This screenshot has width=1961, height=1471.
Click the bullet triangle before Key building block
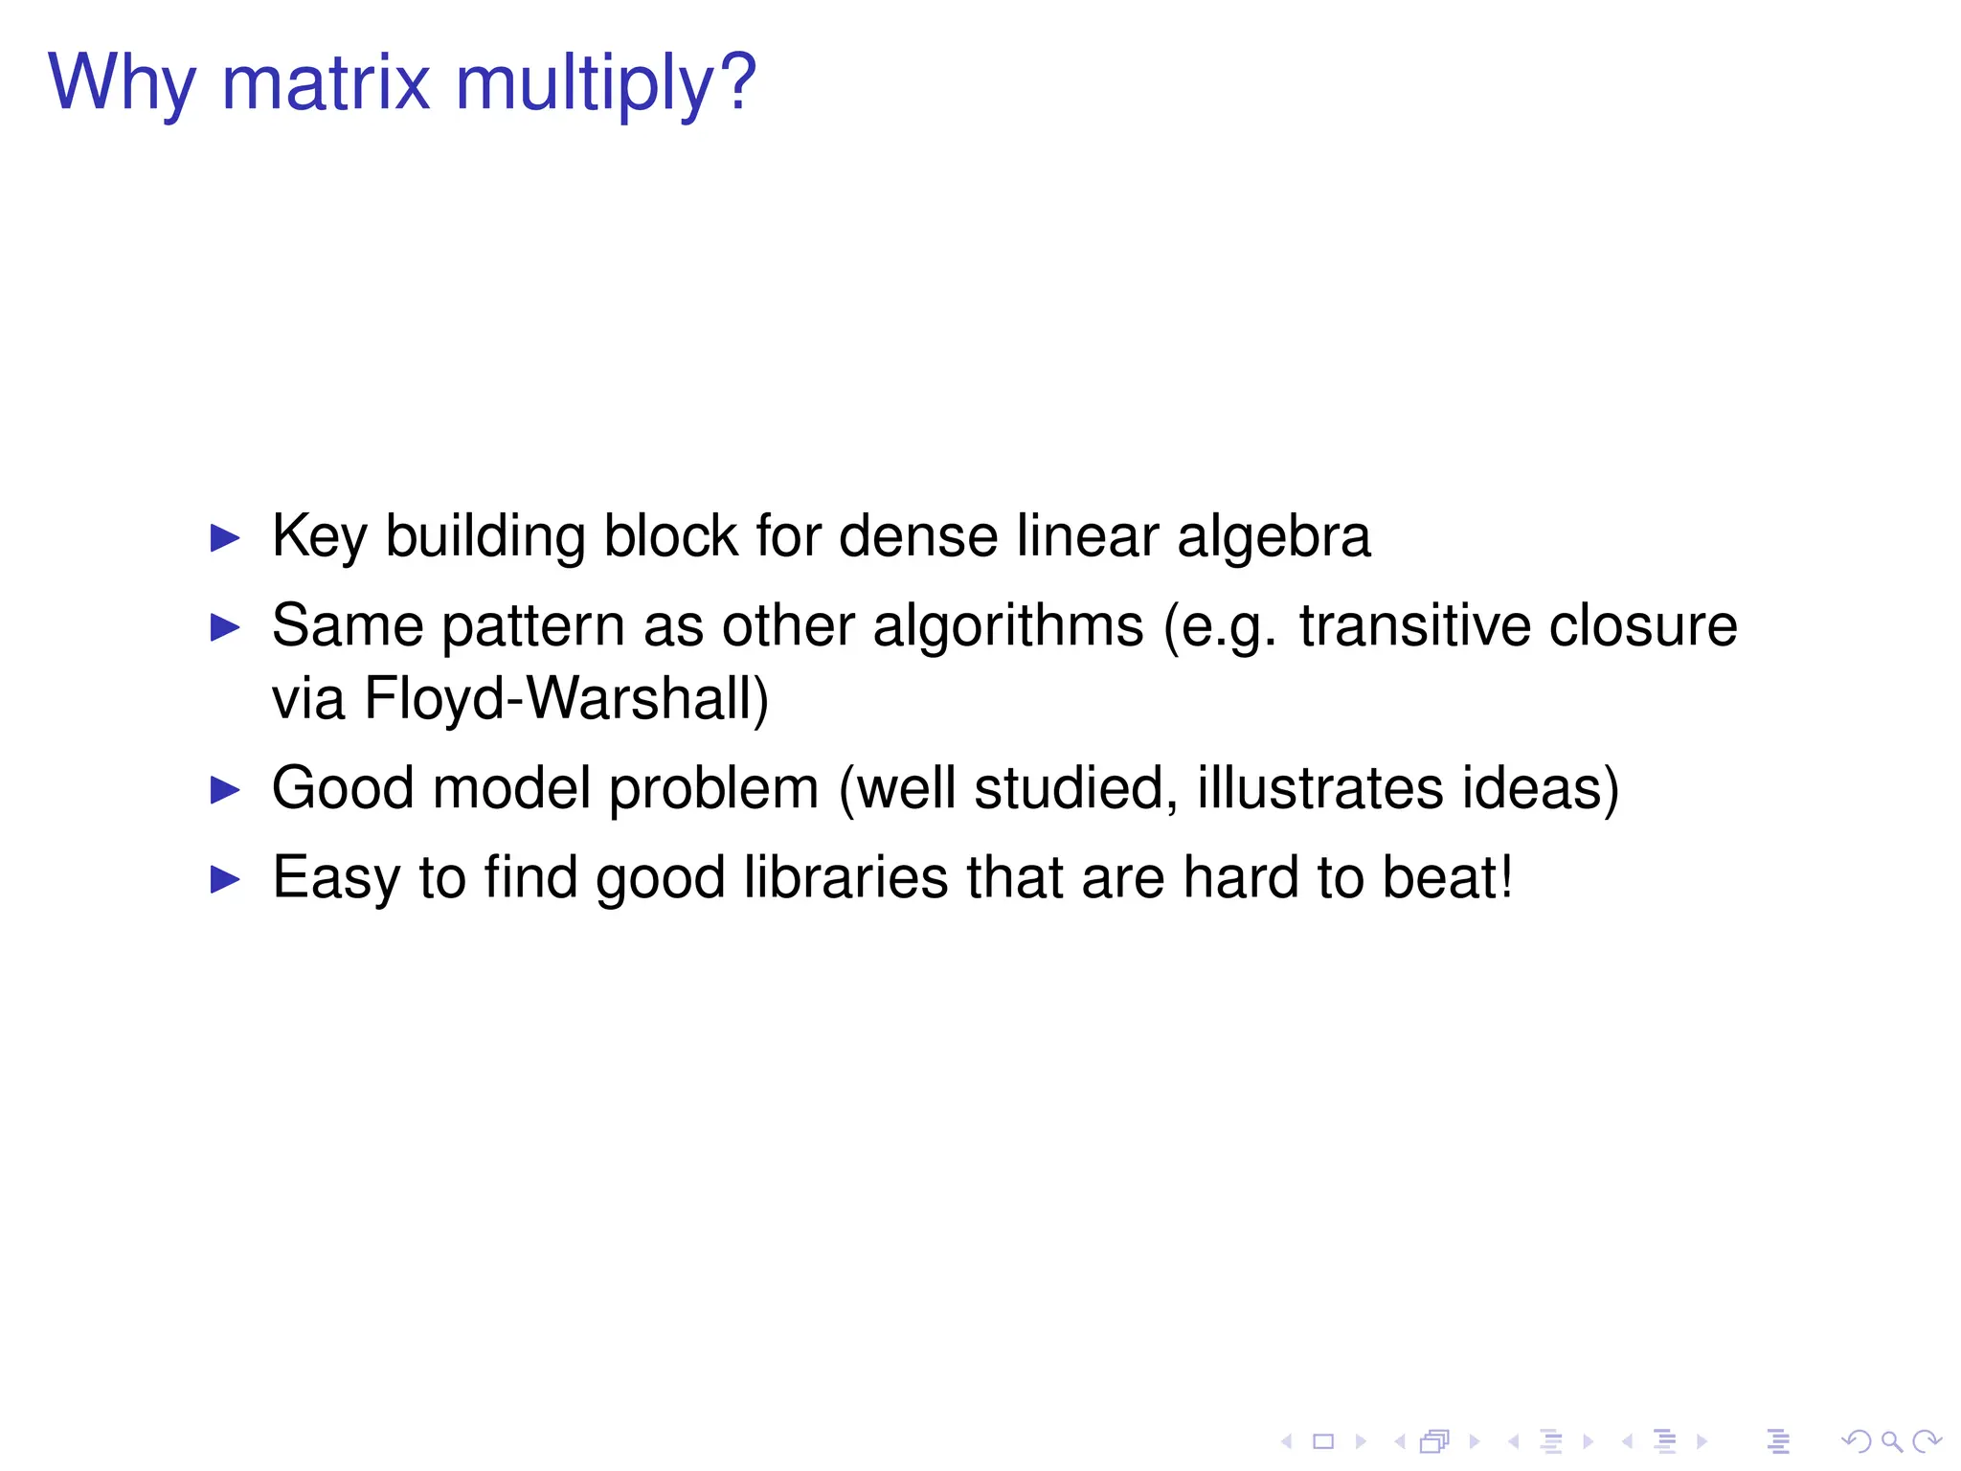[x=225, y=537]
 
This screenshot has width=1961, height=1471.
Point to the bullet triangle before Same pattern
[x=225, y=627]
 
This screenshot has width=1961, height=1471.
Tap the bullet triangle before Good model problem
[x=225, y=790]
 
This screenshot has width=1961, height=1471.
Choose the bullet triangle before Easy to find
[x=225, y=879]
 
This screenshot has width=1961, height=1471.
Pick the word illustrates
[x=1319, y=788]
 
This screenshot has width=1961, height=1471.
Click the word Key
[x=320, y=537]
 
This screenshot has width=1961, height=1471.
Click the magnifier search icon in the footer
[x=1891, y=1441]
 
